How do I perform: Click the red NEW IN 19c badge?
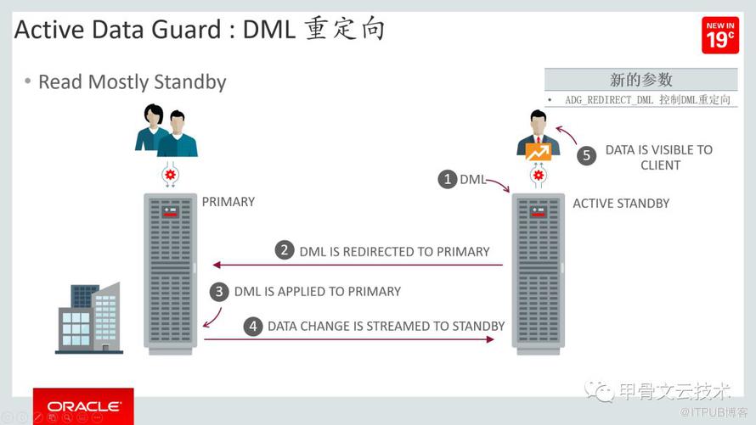click(720, 35)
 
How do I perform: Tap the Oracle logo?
click(83, 405)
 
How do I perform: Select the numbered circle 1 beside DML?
click(448, 179)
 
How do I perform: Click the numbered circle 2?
click(285, 250)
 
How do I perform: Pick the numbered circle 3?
click(219, 292)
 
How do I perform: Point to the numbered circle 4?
click(252, 327)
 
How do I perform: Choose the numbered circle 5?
click(586, 155)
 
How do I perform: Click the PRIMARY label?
click(228, 202)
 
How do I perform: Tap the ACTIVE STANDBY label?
click(621, 204)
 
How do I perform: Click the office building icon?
click(89, 318)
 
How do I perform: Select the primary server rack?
click(170, 274)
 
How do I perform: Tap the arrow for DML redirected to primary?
click(358, 265)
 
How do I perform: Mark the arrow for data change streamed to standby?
click(349, 339)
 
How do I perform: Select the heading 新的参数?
click(640, 80)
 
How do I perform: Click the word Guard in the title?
click(186, 30)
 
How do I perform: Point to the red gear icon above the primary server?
click(170, 174)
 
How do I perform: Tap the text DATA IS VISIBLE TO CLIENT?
click(659, 158)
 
